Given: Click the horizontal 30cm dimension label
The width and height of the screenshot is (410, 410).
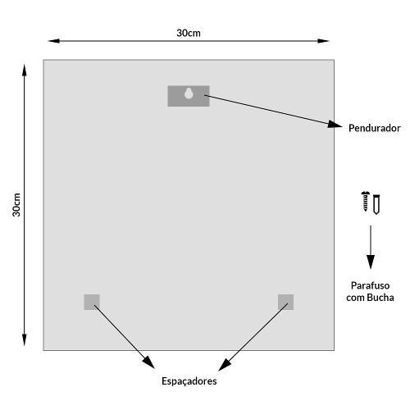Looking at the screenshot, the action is point(189,33).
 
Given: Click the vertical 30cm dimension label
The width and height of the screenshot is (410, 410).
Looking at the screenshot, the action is point(16,205).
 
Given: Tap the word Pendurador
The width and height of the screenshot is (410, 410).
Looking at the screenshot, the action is point(375,128).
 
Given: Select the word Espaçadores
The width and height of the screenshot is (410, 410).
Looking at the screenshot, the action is point(189,381).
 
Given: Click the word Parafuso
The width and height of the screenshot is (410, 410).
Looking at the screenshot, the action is point(370,285).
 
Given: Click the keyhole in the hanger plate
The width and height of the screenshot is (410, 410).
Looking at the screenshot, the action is point(189,93).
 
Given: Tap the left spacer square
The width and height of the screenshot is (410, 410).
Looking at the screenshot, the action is point(92,302).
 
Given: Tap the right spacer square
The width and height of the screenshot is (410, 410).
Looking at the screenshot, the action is point(286,302).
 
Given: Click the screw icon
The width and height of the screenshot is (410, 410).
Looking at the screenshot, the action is point(365,201).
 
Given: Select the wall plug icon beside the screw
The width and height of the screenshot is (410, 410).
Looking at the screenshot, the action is point(376,204).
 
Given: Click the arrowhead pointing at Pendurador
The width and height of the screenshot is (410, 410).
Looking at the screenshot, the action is point(335,125).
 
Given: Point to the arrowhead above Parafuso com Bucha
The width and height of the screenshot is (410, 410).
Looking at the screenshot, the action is point(371,262).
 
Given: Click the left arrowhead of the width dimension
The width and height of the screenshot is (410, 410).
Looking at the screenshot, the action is point(54,41).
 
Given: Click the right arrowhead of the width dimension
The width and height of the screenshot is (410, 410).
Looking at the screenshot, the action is point(323,41).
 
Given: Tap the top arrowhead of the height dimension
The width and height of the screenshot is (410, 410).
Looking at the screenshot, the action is point(25,71).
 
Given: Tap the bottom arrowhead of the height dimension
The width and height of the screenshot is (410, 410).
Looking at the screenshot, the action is point(25,340).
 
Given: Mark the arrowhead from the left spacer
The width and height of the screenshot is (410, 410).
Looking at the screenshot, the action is point(149,362).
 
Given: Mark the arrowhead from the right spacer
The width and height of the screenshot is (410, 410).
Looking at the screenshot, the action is point(225,365).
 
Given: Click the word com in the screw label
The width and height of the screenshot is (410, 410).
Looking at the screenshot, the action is point(356,298).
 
